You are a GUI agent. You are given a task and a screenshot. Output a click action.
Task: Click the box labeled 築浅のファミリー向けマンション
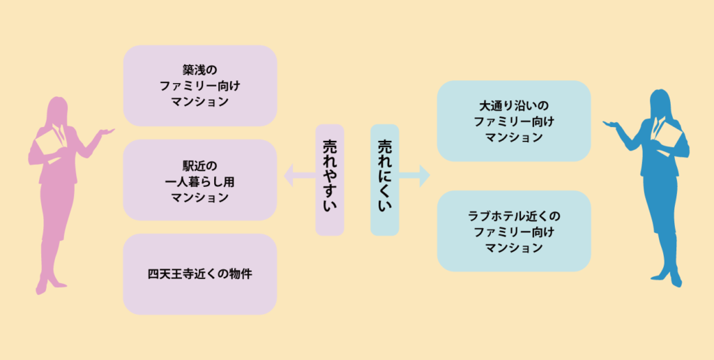[x=200, y=86]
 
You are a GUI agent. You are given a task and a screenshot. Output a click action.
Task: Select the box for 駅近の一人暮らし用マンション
[x=200, y=180]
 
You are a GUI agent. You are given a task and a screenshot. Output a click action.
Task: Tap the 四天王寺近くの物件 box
[x=200, y=274]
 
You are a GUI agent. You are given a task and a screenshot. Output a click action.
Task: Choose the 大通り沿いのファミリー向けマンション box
[x=514, y=121]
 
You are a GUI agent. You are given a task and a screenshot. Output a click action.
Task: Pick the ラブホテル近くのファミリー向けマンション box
[x=514, y=231]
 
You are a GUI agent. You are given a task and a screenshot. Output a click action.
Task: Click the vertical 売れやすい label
[x=330, y=180]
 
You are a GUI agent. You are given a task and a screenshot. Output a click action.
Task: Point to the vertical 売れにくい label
[x=385, y=180]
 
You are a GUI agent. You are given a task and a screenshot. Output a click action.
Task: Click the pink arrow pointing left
[x=299, y=176]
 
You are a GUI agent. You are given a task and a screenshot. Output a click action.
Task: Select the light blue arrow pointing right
[x=414, y=176]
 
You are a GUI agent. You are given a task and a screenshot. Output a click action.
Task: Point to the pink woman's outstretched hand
[x=107, y=131]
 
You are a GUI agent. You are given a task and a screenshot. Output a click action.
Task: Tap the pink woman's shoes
[x=50, y=285]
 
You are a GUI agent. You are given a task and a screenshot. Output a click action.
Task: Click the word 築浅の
[x=200, y=70]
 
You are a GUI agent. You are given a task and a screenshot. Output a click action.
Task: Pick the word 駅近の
[x=200, y=165]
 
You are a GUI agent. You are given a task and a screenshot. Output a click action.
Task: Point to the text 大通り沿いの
[x=514, y=106]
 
